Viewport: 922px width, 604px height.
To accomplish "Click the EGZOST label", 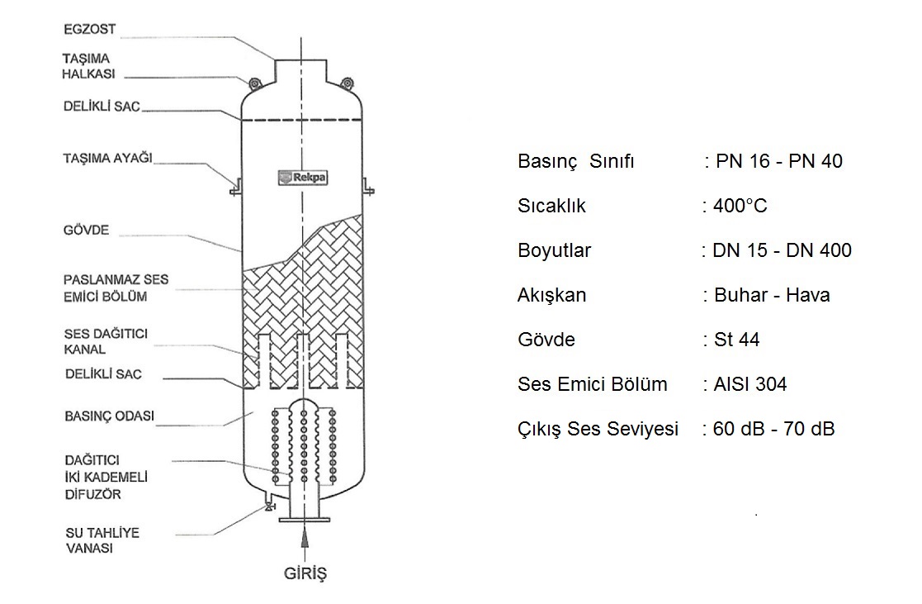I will [x=89, y=30].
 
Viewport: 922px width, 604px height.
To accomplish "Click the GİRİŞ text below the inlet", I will [x=305, y=573].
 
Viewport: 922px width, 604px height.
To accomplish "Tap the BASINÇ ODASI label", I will [x=109, y=416].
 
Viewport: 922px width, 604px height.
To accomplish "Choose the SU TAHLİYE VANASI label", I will [x=102, y=540].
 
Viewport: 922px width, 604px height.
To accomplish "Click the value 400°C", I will [x=740, y=206].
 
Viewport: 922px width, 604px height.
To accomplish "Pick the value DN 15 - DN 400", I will [x=782, y=250].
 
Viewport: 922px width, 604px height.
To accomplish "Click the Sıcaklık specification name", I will [x=552, y=206].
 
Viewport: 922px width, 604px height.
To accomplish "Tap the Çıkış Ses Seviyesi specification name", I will [x=598, y=429].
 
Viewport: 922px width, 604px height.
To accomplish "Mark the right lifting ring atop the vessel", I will [x=348, y=82].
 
